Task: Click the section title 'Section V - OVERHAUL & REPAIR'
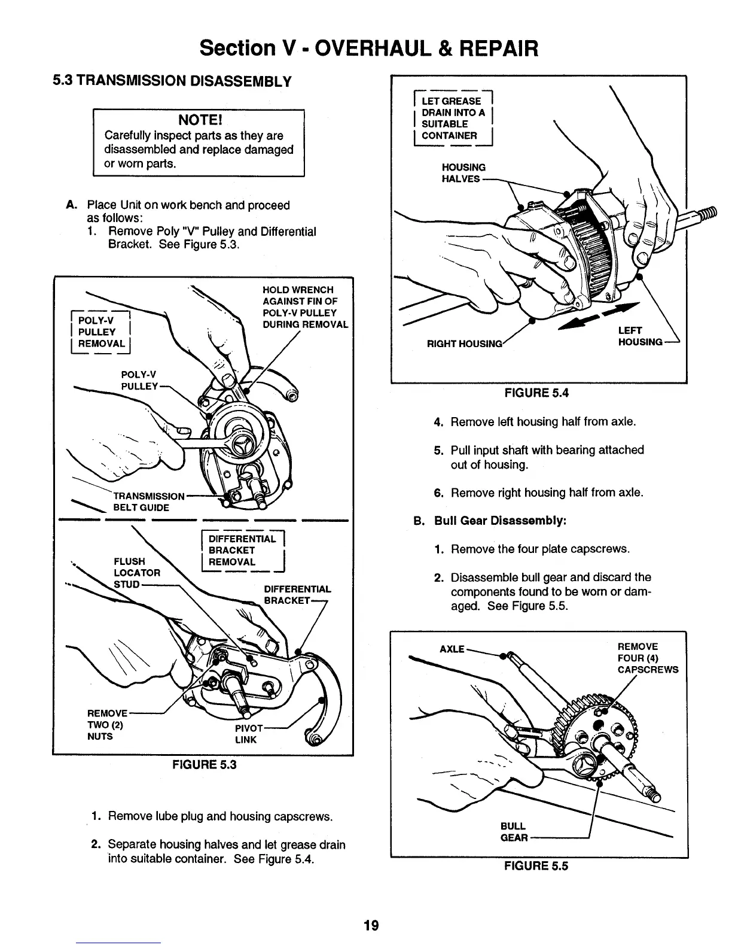point(369,47)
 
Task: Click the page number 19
point(371,925)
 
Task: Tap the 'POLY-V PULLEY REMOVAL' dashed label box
point(101,332)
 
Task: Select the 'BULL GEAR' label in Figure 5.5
point(514,832)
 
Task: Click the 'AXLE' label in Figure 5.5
point(452,649)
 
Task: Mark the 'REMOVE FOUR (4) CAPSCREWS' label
point(647,658)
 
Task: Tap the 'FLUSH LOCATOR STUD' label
point(136,572)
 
